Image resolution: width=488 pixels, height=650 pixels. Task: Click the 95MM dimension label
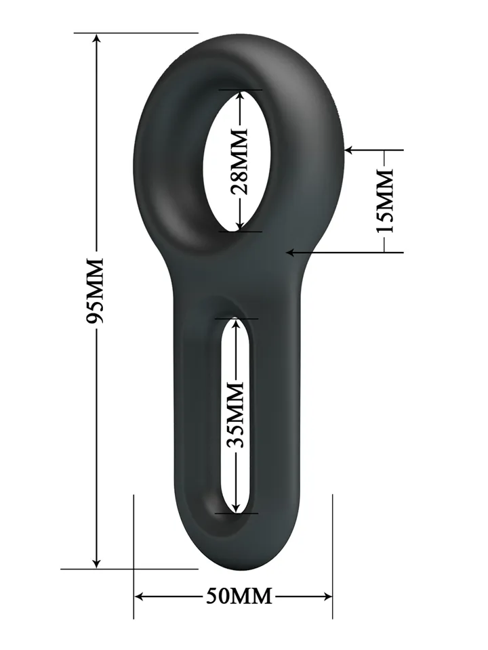(x=96, y=290)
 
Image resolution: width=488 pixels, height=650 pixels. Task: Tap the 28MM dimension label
(x=240, y=160)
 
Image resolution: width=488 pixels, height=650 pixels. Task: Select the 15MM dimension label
(x=385, y=201)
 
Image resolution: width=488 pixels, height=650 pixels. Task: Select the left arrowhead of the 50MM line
(x=140, y=597)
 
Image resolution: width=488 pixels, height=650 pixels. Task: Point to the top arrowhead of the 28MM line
(x=240, y=95)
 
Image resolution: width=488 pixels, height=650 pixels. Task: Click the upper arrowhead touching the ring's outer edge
(x=350, y=150)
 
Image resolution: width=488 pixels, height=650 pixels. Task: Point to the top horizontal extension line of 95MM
(x=136, y=32)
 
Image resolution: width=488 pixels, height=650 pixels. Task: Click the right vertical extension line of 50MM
(x=333, y=555)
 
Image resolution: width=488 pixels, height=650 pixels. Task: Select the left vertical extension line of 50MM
(x=134, y=555)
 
